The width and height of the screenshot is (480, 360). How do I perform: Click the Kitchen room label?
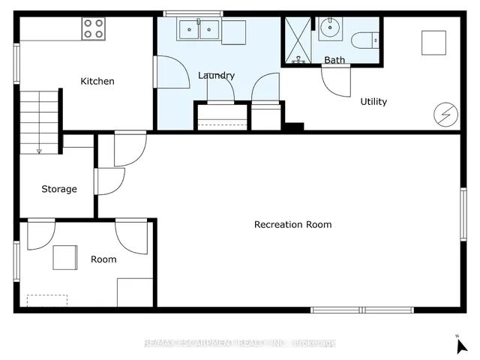click(97, 82)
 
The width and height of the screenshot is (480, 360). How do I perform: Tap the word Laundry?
click(216, 76)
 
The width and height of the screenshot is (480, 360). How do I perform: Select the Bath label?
click(334, 60)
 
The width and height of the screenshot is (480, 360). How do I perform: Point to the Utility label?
click(373, 102)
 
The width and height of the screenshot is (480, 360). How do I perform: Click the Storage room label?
click(59, 189)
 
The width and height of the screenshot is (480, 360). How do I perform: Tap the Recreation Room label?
click(293, 225)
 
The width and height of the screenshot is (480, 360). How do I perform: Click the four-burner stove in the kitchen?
click(93, 28)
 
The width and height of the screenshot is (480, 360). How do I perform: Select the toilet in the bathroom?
click(365, 40)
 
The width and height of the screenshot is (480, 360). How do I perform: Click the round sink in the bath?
click(330, 28)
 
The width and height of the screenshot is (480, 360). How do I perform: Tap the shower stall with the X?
click(298, 40)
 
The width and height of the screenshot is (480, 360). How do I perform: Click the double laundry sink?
click(199, 29)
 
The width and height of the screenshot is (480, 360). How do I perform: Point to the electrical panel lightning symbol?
click(445, 115)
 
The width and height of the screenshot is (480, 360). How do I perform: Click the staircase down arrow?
click(39, 151)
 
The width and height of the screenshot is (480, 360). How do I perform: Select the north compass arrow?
click(461, 346)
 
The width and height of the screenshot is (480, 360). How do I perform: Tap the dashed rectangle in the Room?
click(47, 300)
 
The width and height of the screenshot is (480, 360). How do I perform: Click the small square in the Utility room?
click(433, 43)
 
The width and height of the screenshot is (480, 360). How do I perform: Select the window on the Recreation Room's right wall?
click(463, 214)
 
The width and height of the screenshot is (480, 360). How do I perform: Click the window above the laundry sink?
click(193, 13)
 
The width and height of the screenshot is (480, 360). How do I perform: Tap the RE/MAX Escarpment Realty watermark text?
click(240, 343)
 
